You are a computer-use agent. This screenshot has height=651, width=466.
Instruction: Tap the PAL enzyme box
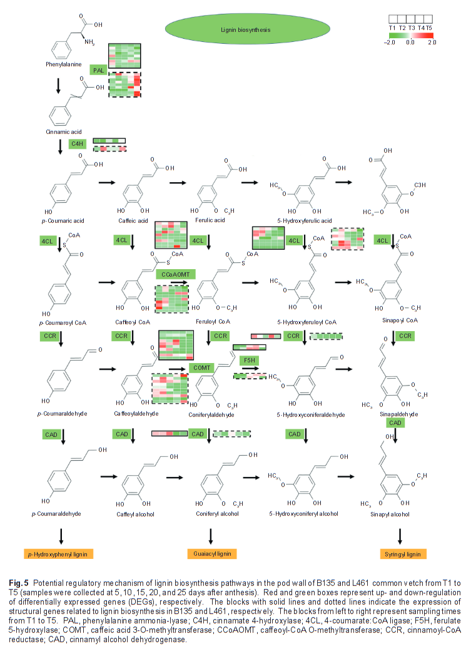98,71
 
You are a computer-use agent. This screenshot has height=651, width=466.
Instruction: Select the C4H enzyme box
78,145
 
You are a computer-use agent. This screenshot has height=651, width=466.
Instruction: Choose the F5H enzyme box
248,360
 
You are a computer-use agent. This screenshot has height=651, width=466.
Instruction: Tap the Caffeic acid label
133,220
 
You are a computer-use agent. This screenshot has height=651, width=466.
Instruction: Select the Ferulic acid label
212,220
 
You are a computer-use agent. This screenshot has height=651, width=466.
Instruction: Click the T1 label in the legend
392,28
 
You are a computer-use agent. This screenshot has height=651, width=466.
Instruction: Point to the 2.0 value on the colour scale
432,43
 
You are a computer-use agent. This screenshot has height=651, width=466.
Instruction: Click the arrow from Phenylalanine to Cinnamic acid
58,85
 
